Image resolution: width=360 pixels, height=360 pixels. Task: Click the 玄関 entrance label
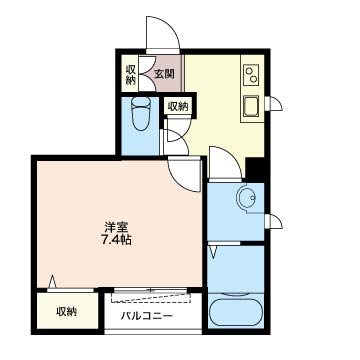point(165,74)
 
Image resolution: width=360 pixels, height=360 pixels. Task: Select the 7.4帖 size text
point(116,240)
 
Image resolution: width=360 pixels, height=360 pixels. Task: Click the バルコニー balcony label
point(147,315)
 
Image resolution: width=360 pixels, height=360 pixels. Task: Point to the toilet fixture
point(141,114)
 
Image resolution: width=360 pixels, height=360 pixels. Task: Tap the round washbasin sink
point(247,198)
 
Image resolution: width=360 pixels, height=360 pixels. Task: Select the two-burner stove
point(251,75)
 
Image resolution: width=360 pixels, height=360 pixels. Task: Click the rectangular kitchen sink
point(251,106)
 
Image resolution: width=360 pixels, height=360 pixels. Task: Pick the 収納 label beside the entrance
point(131,74)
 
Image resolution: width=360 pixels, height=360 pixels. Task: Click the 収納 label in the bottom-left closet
point(66,312)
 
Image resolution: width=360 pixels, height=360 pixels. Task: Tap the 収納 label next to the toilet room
point(178,107)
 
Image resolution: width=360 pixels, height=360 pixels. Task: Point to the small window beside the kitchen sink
point(274,104)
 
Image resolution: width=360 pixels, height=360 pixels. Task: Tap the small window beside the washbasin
point(274,222)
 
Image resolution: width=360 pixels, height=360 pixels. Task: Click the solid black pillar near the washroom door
point(256,169)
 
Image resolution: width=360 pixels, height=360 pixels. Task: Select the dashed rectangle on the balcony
point(151,297)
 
